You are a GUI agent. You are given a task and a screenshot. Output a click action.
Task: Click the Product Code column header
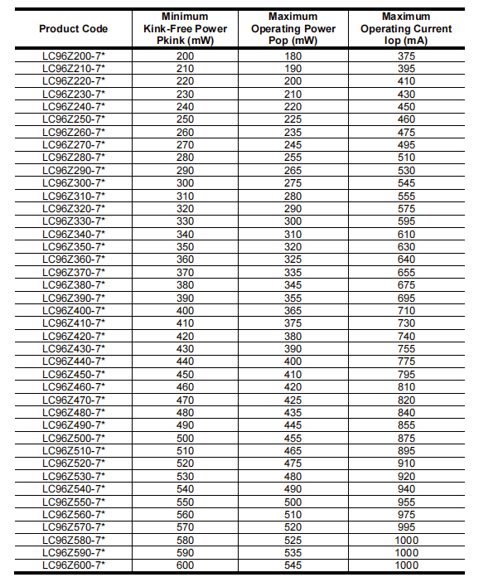tap(74, 29)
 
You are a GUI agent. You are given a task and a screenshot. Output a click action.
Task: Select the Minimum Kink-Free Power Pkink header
tap(185, 28)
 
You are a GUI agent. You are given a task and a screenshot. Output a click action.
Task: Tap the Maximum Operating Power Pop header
tap(294, 28)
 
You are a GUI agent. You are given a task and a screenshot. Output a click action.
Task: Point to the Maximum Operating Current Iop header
tap(406, 28)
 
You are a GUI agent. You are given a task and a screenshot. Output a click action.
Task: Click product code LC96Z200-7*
tap(74, 56)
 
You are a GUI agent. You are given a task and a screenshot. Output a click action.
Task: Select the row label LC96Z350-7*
tap(74, 247)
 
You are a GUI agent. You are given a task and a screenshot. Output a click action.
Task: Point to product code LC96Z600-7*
tap(74, 565)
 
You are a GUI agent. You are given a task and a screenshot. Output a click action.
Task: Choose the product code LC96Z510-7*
tap(74, 451)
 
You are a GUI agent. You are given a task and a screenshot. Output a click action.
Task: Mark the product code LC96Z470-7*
tap(74, 400)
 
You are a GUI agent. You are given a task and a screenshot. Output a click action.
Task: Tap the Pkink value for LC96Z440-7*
tap(185, 361)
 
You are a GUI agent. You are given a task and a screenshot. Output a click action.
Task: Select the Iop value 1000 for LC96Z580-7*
tap(406, 541)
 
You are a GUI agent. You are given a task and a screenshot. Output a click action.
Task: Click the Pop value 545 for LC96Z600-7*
tap(294, 565)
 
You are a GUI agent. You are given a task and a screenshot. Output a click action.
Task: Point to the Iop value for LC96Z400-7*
tap(406, 311)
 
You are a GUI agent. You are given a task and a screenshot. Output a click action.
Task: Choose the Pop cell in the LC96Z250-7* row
tap(294, 119)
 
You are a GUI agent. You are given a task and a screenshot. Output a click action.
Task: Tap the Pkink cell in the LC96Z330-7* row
tap(185, 221)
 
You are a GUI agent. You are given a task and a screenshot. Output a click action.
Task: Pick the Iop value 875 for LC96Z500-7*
tap(406, 439)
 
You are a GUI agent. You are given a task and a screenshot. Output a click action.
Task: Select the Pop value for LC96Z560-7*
tap(294, 515)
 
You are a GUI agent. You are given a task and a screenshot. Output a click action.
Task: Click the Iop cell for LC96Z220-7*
tap(406, 81)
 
